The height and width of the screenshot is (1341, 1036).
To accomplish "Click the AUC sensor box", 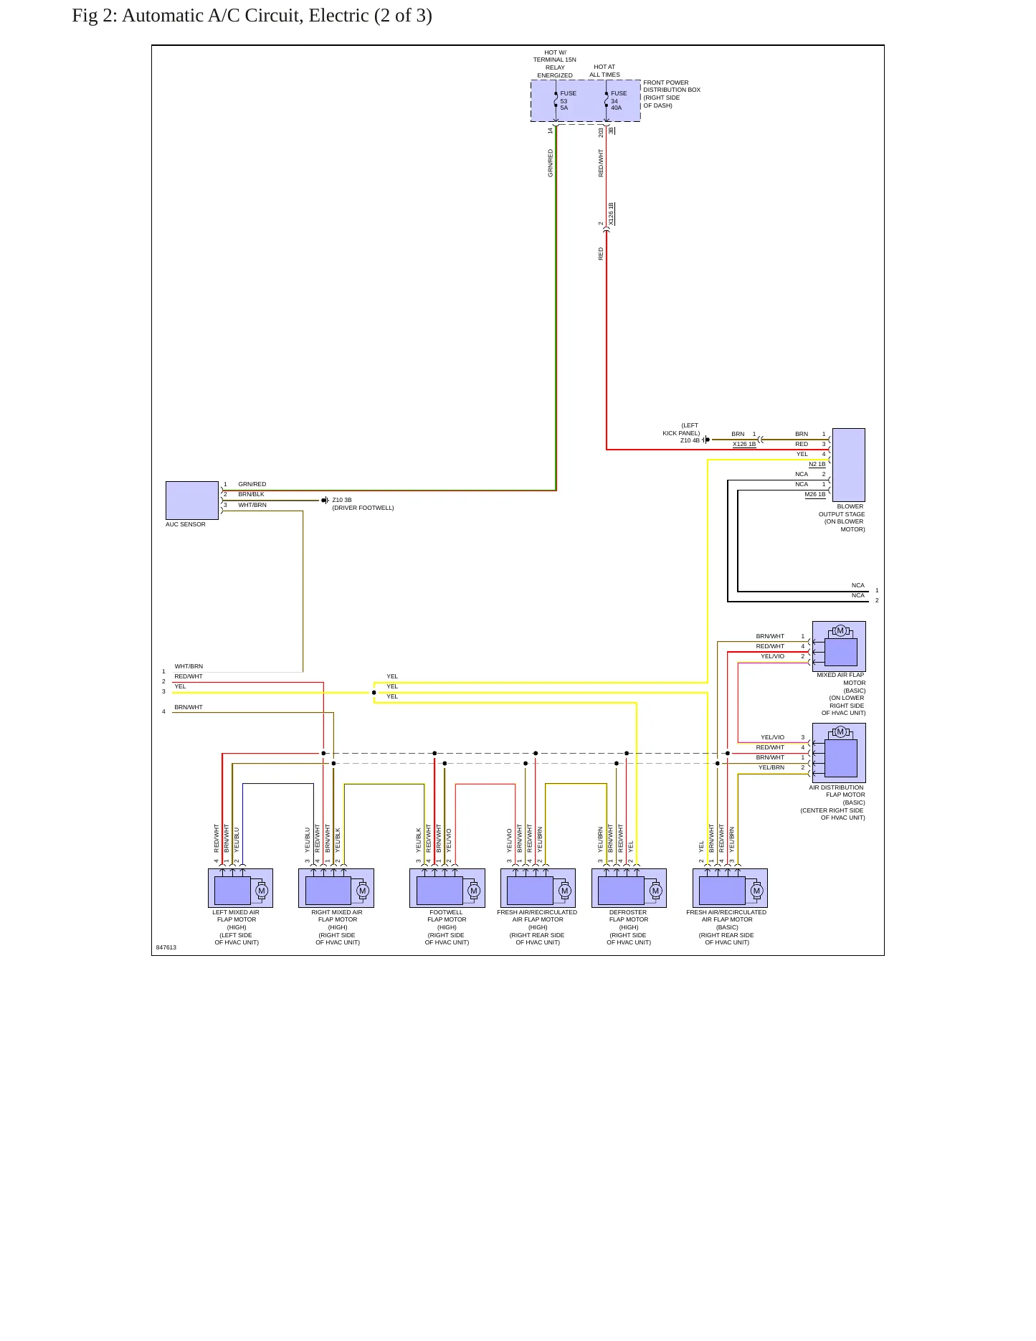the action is point(192,501).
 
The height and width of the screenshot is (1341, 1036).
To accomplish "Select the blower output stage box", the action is point(848,465).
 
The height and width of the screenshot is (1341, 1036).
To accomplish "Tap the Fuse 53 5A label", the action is point(568,100).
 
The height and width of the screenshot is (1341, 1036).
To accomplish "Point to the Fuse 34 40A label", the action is point(619,100).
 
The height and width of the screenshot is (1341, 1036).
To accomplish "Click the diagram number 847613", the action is point(166,947).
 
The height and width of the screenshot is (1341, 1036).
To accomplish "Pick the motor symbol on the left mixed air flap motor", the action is point(262,891).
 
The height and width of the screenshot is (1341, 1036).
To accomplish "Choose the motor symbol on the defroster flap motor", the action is point(655,891).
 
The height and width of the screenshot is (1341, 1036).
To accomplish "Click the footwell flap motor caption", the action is point(447,927).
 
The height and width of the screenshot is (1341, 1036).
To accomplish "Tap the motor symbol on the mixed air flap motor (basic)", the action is point(840,631).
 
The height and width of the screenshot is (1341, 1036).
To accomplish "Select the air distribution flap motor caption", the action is point(833,802).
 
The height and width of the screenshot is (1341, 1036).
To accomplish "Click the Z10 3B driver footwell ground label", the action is point(363,503).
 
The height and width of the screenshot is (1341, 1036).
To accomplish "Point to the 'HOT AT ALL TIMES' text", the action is point(604,70).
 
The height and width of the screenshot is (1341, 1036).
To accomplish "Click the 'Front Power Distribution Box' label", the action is point(672,94).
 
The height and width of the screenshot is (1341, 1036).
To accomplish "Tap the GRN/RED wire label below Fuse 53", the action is point(551,163).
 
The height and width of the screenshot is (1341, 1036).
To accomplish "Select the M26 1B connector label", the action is point(815,494).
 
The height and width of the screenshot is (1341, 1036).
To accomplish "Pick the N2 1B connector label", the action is point(817,464).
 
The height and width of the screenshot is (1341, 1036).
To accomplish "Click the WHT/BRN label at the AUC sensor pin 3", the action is point(252,505).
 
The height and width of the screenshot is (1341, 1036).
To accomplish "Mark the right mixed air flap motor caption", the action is point(337,927).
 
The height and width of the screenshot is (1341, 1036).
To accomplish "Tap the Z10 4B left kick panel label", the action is point(682,433).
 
